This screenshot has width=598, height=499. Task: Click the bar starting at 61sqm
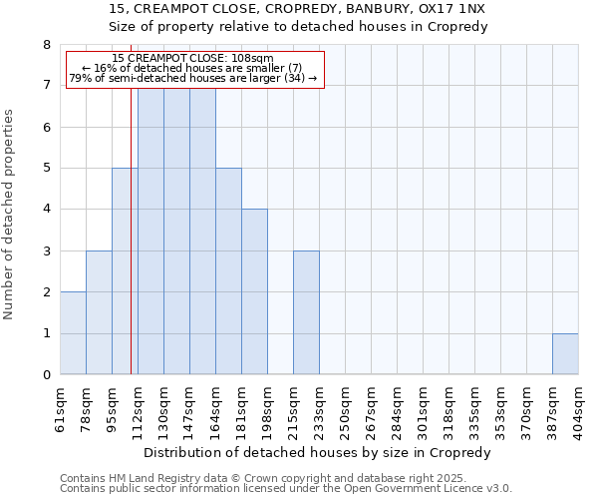pos(73,333)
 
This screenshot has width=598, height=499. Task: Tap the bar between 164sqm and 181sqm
pos(228,271)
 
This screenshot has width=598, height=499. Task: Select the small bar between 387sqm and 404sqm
pos(565,354)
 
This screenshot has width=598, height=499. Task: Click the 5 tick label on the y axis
pos(46,169)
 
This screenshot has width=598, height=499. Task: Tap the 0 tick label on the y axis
pos(46,375)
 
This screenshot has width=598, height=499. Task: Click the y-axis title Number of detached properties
pos(10,215)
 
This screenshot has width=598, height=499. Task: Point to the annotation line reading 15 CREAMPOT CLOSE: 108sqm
pos(192,59)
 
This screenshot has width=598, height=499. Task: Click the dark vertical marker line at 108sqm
pos(131,249)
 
